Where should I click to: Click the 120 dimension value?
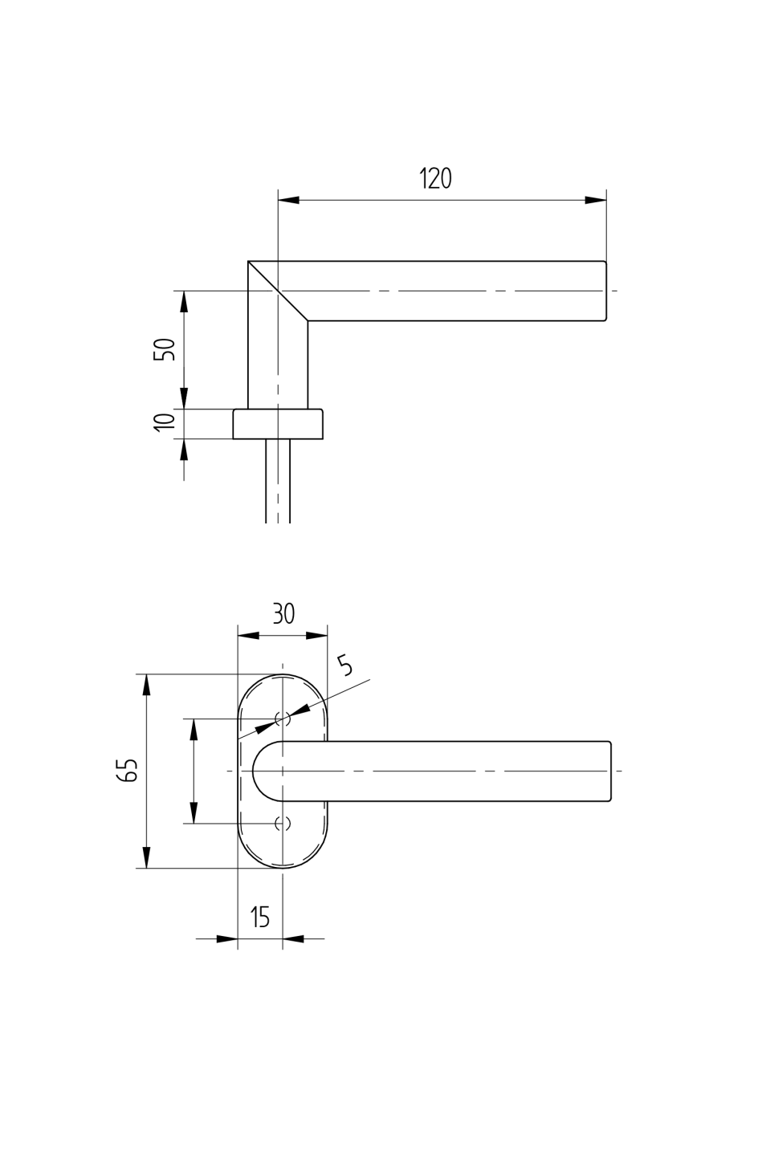436,178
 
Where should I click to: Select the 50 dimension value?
165,349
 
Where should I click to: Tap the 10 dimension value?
165,422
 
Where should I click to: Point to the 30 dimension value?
283,614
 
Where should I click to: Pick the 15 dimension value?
260,917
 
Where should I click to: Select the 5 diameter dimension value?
345,666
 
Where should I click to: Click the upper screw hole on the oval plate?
282,718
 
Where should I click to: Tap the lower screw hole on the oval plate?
282,823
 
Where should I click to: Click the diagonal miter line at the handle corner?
278,291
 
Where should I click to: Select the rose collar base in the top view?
278,424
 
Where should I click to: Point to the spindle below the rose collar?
278,482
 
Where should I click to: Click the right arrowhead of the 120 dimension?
595,200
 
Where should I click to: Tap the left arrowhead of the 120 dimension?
288,200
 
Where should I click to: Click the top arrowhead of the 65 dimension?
145,685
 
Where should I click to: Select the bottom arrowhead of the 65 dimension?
145,857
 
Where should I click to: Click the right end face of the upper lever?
605,291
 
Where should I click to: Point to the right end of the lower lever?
609,771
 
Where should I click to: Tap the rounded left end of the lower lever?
256,771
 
